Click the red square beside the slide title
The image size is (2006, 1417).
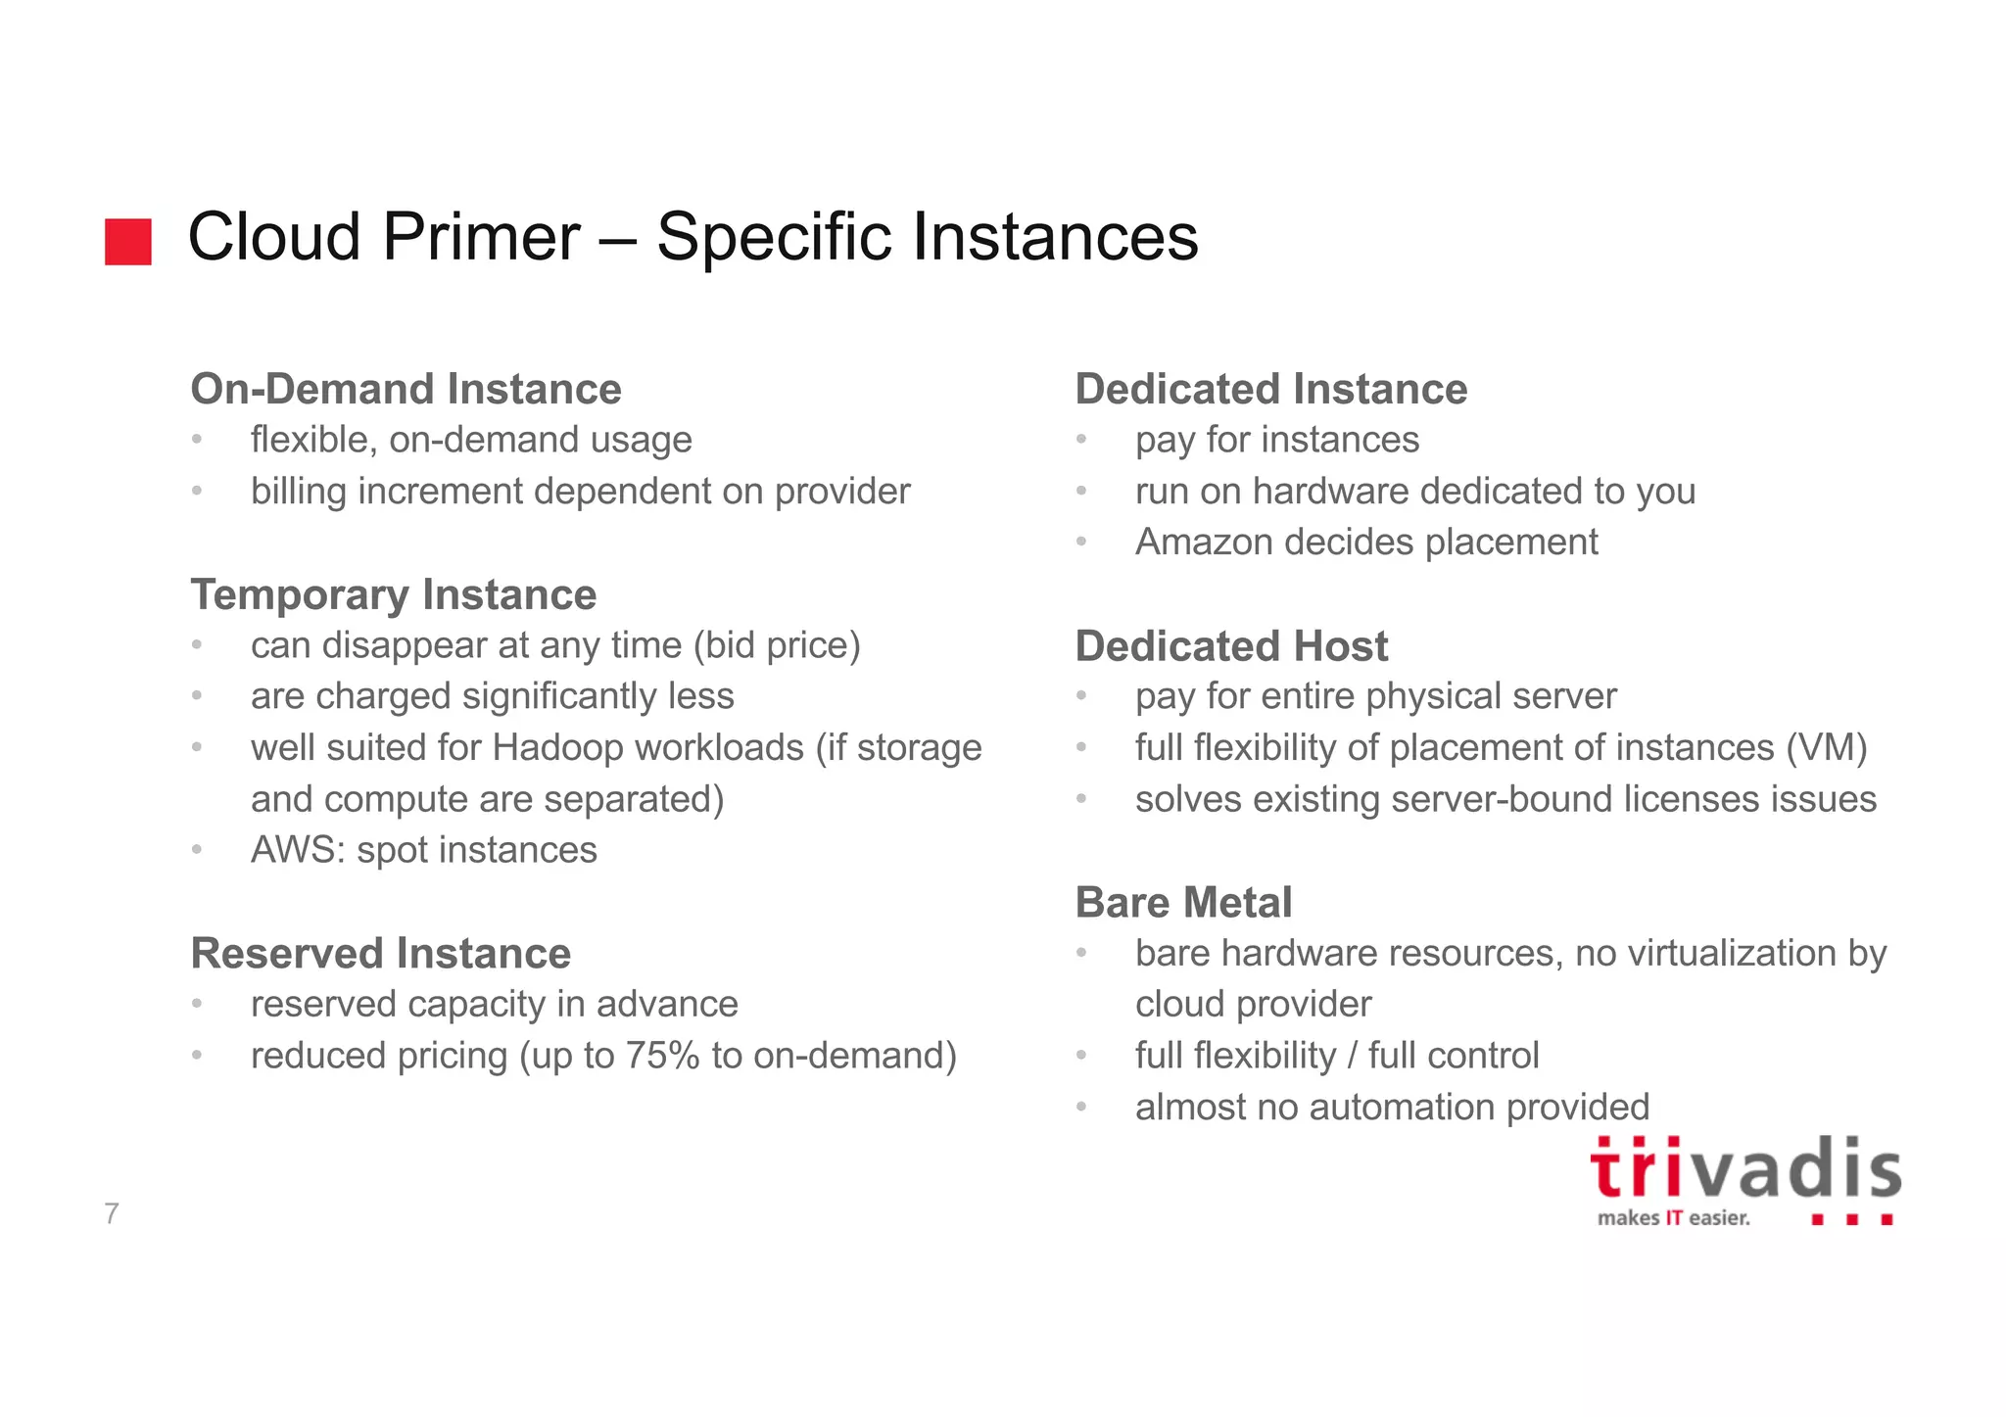(x=128, y=242)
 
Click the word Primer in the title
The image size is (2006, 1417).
(x=481, y=238)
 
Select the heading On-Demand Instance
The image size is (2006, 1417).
(x=406, y=389)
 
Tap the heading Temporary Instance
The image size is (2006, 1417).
(x=393, y=594)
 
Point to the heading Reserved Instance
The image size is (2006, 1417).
(x=380, y=953)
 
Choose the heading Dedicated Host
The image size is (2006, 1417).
(x=1231, y=646)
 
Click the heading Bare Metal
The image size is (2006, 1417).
(x=1183, y=902)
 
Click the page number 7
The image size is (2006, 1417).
(x=112, y=1213)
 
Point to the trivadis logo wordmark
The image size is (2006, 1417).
(x=1744, y=1170)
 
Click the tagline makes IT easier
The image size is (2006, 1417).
(x=1673, y=1218)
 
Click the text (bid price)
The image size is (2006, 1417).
(x=776, y=645)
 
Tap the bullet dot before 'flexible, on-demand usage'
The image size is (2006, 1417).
(x=197, y=439)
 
